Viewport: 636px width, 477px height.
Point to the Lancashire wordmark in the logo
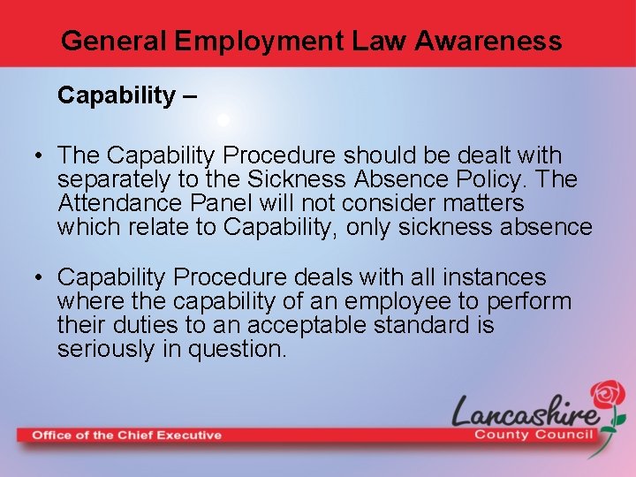click(526, 410)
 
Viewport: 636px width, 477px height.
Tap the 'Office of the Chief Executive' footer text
click(127, 435)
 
